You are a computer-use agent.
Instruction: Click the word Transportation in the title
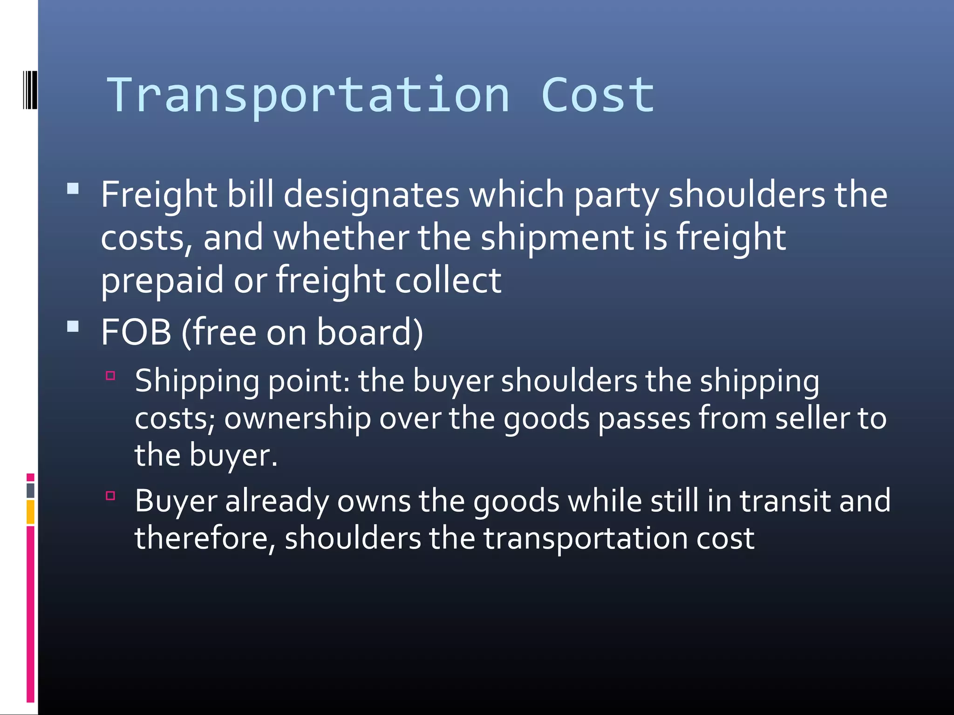point(308,95)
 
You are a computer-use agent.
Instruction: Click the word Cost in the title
point(598,95)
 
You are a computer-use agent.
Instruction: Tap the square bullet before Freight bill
point(73,189)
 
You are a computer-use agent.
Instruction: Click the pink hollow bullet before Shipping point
point(110,376)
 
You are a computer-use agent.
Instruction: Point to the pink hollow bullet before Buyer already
point(110,495)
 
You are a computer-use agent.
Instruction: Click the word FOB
point(136,332)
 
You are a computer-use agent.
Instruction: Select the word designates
point(371,195)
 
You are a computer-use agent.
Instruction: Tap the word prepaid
point(162,281)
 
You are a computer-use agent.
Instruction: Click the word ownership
point(297,418)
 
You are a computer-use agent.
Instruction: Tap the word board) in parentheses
point(370,332)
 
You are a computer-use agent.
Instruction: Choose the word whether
point(341,237)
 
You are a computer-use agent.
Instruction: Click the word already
point(277,502)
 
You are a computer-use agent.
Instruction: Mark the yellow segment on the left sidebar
point(30,512)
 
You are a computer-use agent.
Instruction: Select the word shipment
point(557,237)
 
